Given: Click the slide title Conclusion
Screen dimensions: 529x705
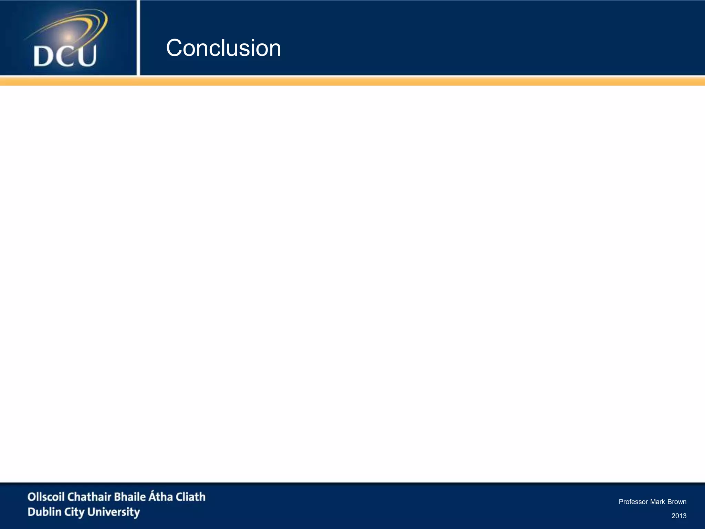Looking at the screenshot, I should click(x=223, y=48).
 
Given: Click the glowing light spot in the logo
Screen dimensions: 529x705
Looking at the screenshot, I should click(x=69, y=37).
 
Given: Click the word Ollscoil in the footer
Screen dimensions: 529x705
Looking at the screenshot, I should click(x=46, y=497).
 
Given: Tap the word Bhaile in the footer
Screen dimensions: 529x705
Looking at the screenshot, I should click(x=130, y=497).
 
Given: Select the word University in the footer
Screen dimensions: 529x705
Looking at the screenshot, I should click(x=114, y=512).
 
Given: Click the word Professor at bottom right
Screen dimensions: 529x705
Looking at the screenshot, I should click(x=633, y=502).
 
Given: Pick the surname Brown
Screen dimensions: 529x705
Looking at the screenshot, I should click(x=677, y=502).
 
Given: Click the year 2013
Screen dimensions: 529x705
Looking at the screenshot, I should click(x=679, y=516).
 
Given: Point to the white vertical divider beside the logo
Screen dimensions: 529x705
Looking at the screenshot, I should click(x=138, y=38).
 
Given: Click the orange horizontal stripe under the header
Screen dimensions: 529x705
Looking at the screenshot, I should click(x=352, y=81).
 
